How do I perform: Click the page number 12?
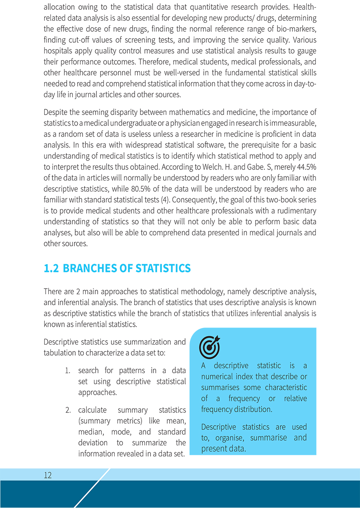click(x=48, y=475)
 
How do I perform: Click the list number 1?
click(x=68, y=371)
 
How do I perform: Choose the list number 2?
click(x=68, y=410)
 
